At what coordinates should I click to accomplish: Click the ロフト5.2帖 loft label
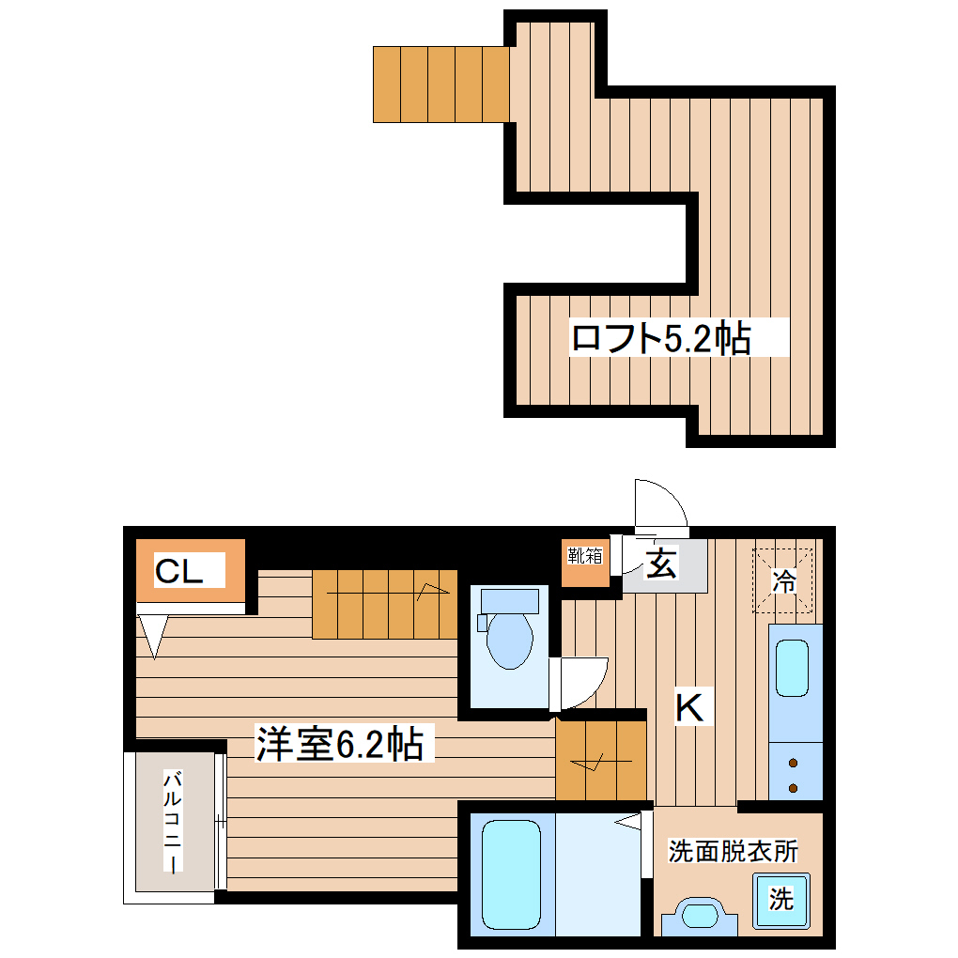[661, 338]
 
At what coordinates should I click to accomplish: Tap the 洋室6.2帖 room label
[339, 745]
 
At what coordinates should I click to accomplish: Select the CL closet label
[179, 571]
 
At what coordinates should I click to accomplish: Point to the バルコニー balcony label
[174, 821]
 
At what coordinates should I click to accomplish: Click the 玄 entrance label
[662, 565]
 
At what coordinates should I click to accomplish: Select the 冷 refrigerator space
[782, 582]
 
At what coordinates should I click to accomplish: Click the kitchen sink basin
[793, 668]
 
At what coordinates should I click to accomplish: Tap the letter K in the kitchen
[690, 707]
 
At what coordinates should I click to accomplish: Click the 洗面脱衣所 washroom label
[734, 852]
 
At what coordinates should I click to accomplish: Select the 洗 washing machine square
[780, 899]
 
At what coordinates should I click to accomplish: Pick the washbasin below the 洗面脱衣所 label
[699, 916]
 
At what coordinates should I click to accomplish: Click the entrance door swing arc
[661, 507]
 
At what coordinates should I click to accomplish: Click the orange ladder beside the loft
[440, 84]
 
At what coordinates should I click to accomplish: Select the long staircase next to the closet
[384, 604]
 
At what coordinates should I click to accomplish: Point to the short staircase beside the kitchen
[601, 759]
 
